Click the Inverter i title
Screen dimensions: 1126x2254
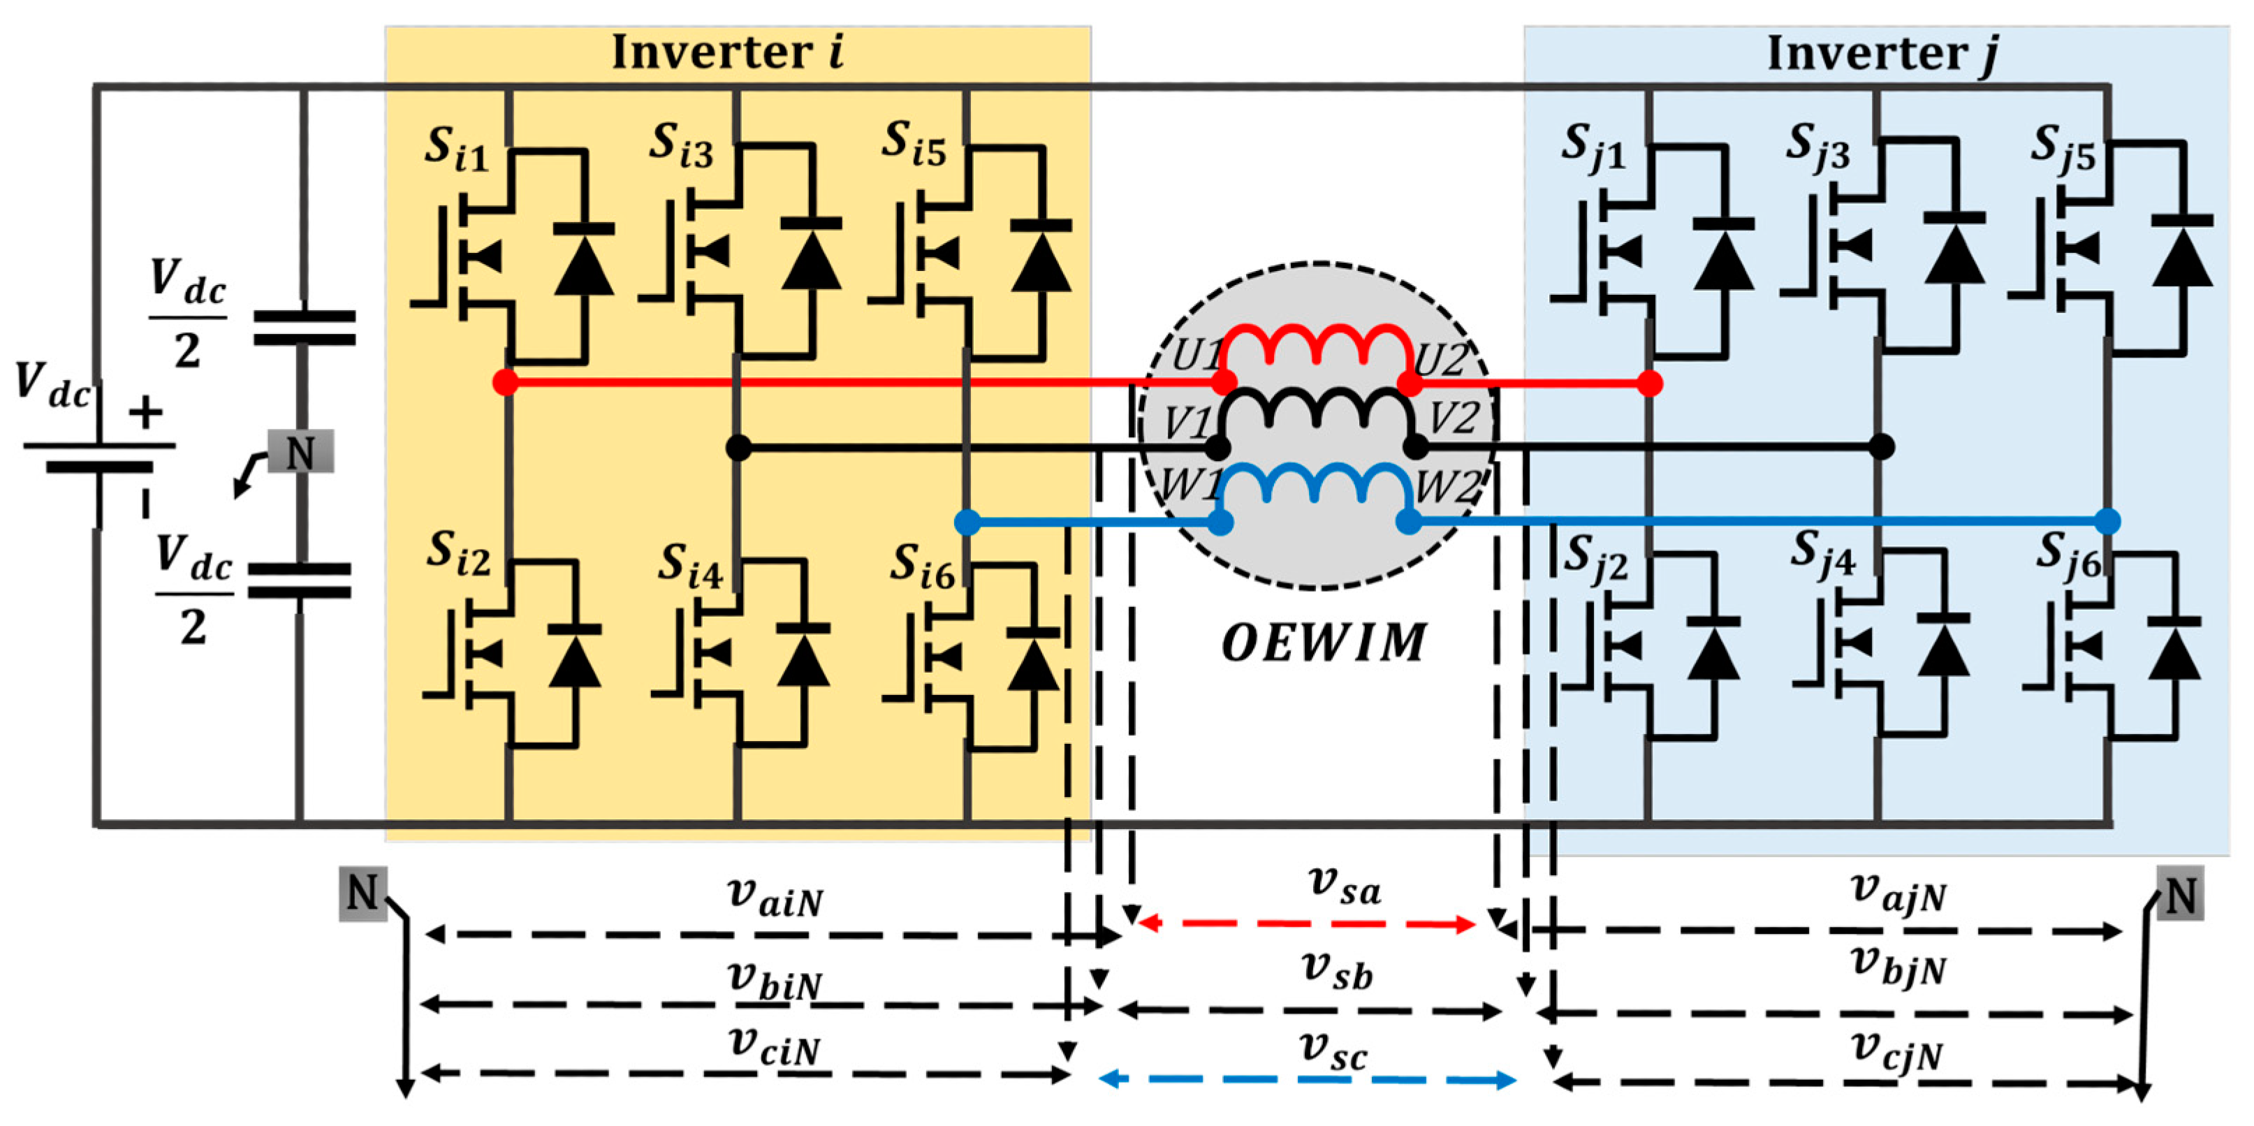[x=726, y=52]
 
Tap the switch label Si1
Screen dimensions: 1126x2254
[x=455, y=149]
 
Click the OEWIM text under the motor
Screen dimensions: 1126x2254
[x=1323, y=644]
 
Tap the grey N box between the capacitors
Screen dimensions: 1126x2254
[x=300, y=451]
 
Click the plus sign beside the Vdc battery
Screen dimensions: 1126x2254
[x=145, y=412]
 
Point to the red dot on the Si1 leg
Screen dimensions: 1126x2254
[x=505, y=382]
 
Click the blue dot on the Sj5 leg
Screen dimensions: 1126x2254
[x=2108, y=522]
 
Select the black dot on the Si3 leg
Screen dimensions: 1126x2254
[x=738, y=448]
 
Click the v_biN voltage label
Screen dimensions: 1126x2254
[x=775, y=981]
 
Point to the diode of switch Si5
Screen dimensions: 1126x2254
[x=1040, y=258]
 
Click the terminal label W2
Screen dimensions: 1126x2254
[x=1448, y=486]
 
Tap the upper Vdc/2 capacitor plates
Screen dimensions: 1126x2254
[x=304, y=327]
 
